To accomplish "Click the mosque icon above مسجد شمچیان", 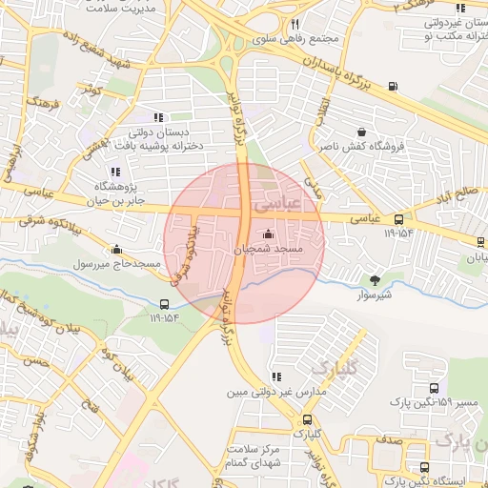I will pyautogui.click(x=267, y=234).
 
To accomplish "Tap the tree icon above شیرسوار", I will pyautogui.click(x=374, y=279).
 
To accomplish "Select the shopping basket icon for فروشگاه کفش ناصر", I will pyautogui.click(x=361, y=132).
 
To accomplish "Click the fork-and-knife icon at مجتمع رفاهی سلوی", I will pyautogui.click(x=295, y=24).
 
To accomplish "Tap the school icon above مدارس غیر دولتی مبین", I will pyautogui.click(x=276, y=376).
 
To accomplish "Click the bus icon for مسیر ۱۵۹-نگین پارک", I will pyautogui.click(x=435, y=389).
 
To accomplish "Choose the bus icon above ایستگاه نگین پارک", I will pyautogui.click(x=425, y=467).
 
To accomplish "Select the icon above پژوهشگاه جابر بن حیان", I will pyautogui.click(x=116, y=173).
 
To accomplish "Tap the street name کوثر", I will pyautogui.click(x=91, y=89).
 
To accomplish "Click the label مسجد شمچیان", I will pyautogui.click(x=268, y=249).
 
